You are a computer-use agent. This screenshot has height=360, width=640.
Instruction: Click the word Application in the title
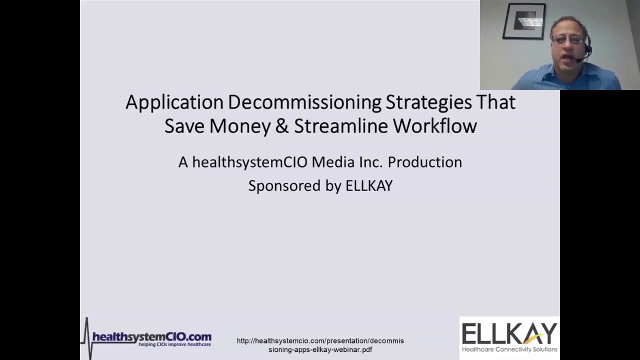click(174, 102)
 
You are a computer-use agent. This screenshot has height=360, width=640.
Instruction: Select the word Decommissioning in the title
click(304, 102)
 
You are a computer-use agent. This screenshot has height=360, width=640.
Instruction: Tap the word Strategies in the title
click(428, 102)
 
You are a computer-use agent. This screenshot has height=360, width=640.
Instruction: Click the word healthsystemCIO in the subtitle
click(249, 162)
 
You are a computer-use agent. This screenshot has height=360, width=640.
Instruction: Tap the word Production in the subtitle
click(424, 162)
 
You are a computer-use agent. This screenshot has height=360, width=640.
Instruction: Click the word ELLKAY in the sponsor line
click(369, 185)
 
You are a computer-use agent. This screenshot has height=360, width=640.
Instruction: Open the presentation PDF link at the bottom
click(320, 345)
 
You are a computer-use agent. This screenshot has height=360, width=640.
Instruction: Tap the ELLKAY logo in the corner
click(509, 333)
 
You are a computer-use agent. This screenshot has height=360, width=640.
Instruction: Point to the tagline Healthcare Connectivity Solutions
click(509, 349)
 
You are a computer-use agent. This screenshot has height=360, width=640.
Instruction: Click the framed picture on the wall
click(524, 21)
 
